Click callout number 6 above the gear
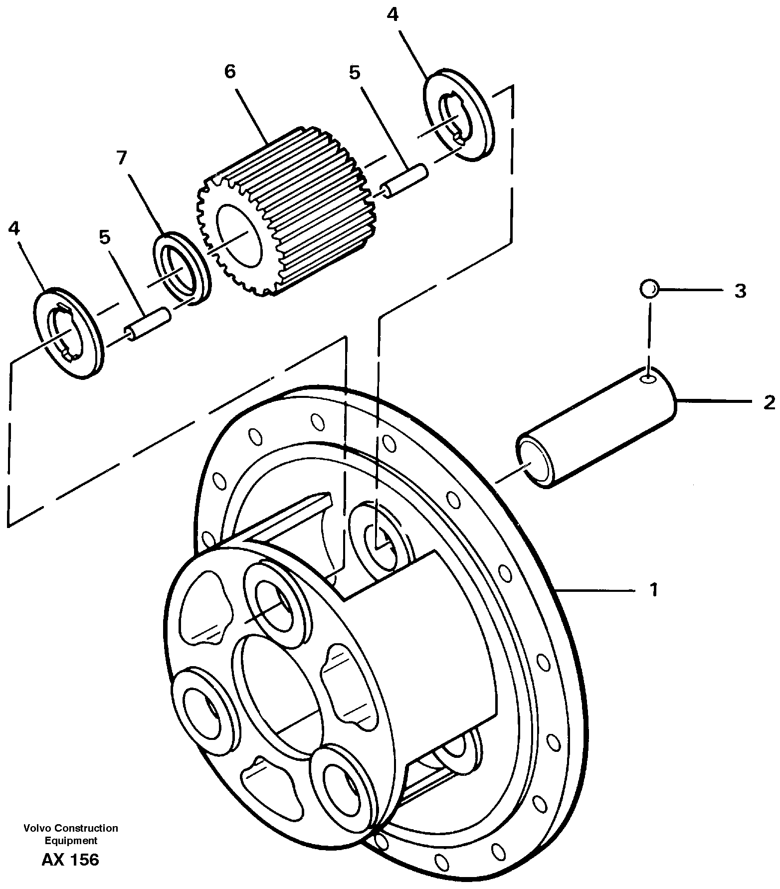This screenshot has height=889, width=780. [x=229, y=72]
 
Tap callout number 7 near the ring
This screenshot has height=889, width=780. [x=121, y=158]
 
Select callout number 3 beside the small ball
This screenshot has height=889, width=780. [x=740, y=291]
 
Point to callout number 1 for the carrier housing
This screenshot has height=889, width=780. [x=653, y=590]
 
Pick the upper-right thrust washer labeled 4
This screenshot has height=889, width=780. [x=457, y=114]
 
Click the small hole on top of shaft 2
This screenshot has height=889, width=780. [x=649, y=380]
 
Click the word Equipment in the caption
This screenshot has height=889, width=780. [x=70, y=841]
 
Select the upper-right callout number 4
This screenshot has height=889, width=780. [x=392, y=15]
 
